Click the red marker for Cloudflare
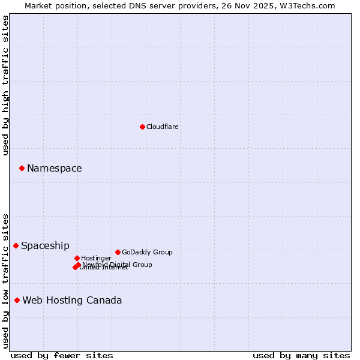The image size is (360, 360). click(142, 127)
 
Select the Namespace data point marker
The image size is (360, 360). click(22, 168)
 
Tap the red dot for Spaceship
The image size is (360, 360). click(16, 245)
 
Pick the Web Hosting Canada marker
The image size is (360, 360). click(17, 300)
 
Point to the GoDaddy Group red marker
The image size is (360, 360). click(118, 252)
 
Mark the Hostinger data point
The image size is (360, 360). click(77, 258)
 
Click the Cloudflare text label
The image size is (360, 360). click(163, 127)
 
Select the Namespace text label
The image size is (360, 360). click(54, 168)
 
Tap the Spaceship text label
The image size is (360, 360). click(45, 245)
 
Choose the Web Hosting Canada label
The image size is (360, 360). click(72, 300)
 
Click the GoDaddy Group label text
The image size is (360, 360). click(147, 252)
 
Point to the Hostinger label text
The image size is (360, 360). click(96, 258)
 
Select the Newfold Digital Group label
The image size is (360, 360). click(118, 264)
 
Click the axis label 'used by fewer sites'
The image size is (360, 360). click(62, 355)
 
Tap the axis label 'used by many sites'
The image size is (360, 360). click(301, 355)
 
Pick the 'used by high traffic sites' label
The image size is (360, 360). click(5, 85)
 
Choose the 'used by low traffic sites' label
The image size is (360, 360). click(5, 280)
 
